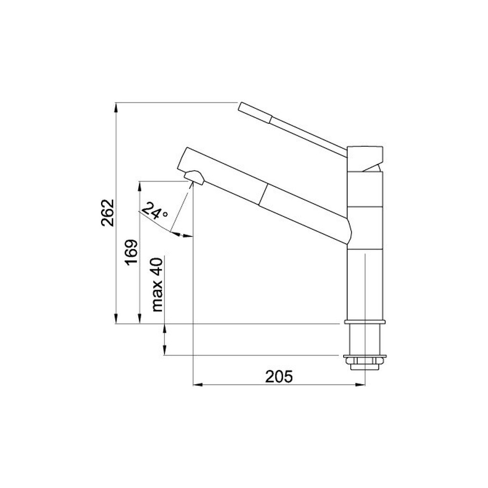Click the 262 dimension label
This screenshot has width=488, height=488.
click(108, 212)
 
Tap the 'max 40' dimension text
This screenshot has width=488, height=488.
click(157, 285)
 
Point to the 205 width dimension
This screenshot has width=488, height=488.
click(278, 376)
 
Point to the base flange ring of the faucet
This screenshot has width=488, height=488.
click(365, 323)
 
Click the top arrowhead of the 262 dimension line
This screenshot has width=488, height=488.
click(116, 106)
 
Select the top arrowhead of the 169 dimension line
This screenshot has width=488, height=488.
click(139, 184)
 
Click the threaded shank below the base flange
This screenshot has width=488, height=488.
click(365, 339)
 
